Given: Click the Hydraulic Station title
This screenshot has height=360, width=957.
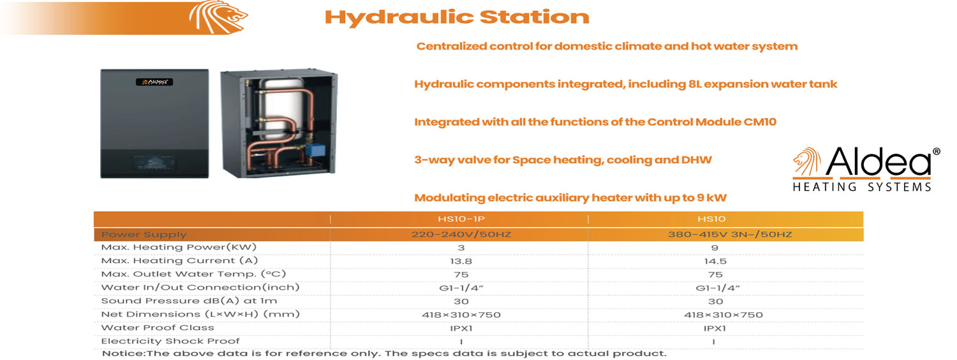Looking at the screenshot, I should click(x=456, y=17).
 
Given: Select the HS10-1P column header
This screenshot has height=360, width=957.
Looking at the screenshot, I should click(x=460, y=219).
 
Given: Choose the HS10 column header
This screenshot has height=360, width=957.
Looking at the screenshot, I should click(x=715, y=219).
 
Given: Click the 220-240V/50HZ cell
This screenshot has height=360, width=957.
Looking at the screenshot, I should click(x=461, y=234).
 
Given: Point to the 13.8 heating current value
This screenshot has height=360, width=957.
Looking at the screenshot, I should click(x=461, y=261).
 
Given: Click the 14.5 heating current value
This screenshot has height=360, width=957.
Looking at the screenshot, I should click(x=715, y=261).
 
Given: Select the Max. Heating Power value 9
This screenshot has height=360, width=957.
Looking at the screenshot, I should click(x=715, y=248).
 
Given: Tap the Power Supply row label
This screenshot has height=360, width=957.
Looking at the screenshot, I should click(x=144, y=234).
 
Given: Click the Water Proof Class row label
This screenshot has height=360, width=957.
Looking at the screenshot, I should click(x=158, y=328).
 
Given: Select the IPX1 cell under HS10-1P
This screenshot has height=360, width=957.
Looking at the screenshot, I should click(x=461, y=329).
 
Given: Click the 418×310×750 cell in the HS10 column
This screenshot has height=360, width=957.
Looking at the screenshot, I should click(x=715, y=315).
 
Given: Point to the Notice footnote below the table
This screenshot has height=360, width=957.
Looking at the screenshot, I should click(x=384, y=353).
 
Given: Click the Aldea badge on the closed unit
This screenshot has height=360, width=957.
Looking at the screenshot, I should click(x=154, y=82).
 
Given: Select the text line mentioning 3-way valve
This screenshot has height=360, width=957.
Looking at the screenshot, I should click(x=563, y=160).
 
